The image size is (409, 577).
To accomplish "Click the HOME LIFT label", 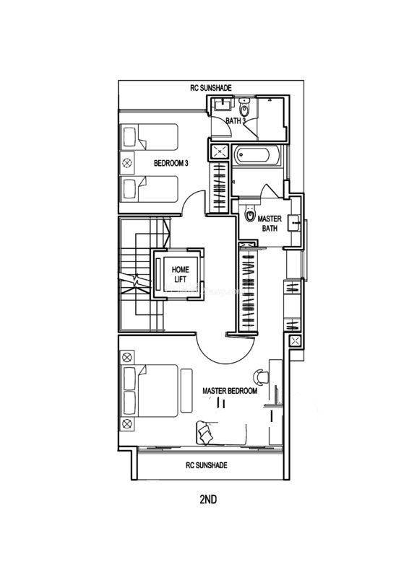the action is (181, 275).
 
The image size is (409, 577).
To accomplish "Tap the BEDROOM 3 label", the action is (171, 163).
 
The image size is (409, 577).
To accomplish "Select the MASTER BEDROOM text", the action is (230, 391).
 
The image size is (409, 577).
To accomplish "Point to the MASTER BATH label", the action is (270, 224).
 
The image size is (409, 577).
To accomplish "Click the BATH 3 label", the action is (236, 120).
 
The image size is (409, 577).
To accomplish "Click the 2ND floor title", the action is (208, 499).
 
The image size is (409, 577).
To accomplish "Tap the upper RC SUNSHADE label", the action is (211, 88).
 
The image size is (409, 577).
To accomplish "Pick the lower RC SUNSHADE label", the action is (207, 465).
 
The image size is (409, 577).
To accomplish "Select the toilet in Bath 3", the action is (244, 107).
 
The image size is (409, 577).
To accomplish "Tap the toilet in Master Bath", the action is (251, 213).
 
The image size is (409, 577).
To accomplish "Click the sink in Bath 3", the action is (223, 104).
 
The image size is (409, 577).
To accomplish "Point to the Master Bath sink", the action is (295, 222).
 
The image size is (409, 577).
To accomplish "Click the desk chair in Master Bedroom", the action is (261, 376).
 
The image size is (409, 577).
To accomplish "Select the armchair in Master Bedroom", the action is (204, 431).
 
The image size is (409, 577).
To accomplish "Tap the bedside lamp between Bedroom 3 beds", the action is (126, 163).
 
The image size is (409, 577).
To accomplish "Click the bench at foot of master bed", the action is (186, 390).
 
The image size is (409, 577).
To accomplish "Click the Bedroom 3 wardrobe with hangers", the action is (218, 187).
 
